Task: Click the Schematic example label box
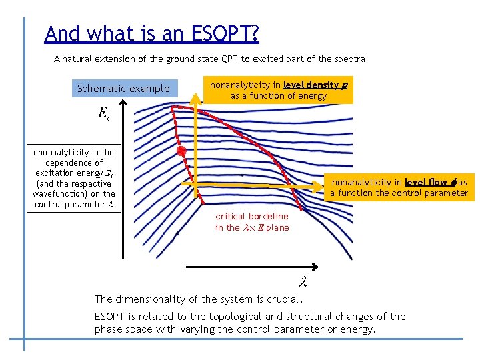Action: tap(123, 89)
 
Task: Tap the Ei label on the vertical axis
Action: tap(103, 114)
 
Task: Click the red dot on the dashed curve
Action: tap(181, 152)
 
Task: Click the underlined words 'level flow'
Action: tap(427, 182)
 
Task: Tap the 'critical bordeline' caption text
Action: tap(252, 216)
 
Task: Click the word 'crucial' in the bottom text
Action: tap(280, 299)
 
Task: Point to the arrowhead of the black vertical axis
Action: tap(123, 104)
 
